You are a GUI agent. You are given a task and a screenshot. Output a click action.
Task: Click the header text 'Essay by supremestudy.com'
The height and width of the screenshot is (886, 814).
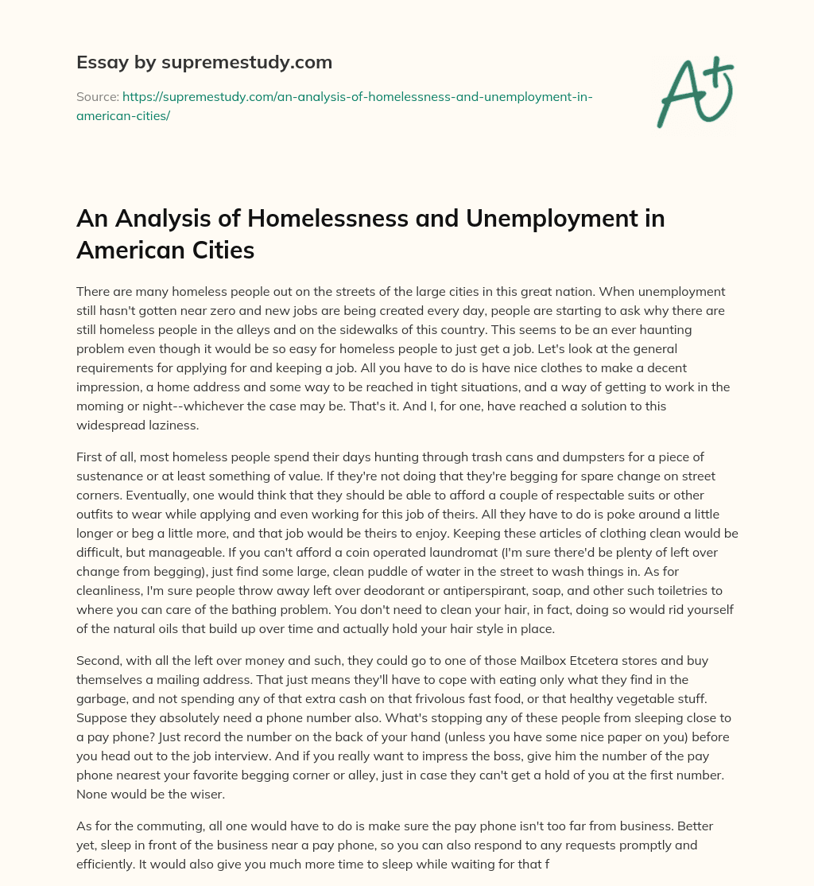(204, 62)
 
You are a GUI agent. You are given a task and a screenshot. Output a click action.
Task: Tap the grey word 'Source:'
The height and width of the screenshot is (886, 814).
(97, 96)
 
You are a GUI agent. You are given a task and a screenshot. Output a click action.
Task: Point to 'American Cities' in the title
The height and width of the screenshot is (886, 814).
(165, 250)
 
